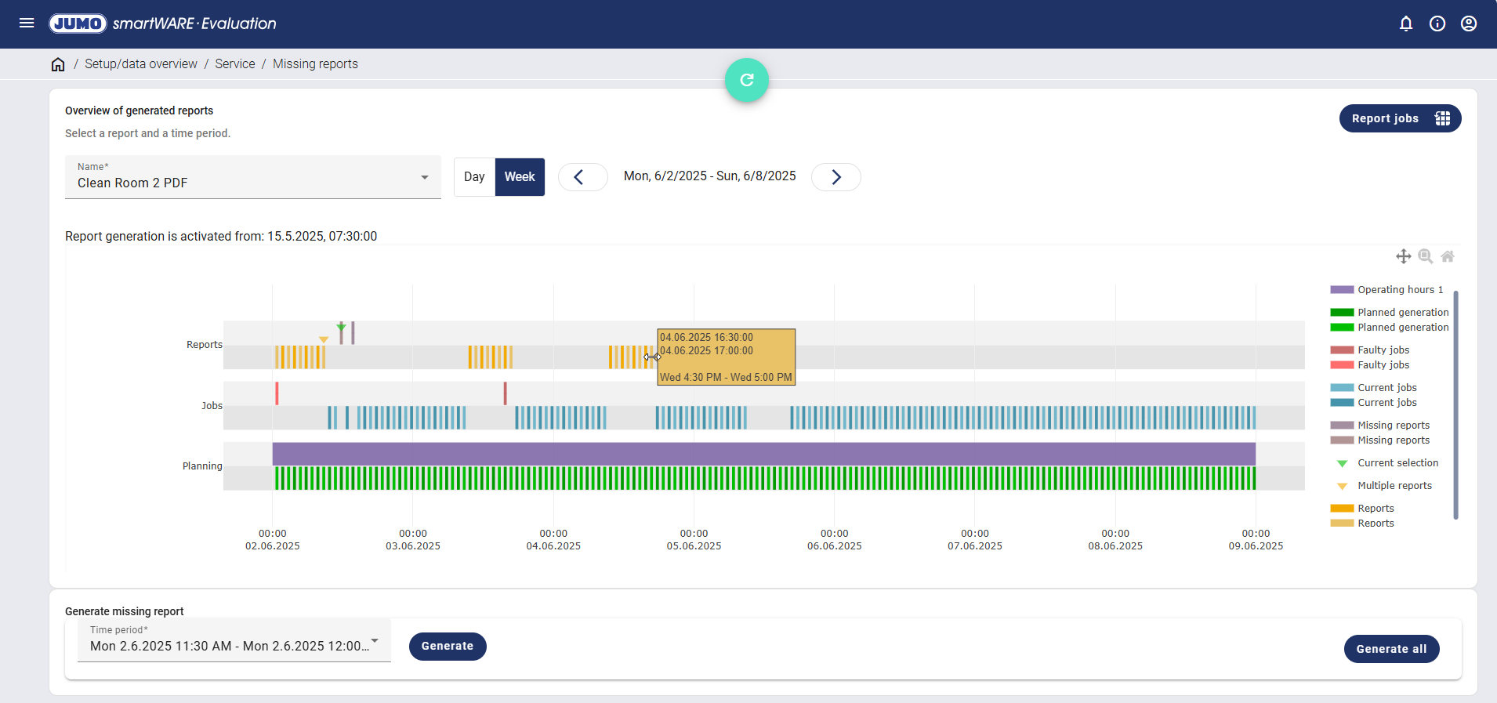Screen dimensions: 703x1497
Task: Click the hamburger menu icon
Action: [27, 24]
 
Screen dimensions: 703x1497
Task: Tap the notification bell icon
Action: [1406, 24]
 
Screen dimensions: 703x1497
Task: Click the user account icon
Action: [1469, 24]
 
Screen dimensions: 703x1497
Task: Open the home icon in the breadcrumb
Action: [58, 64]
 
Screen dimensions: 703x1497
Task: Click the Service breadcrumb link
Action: [235, 64]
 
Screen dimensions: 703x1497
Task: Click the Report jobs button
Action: [1400, 118]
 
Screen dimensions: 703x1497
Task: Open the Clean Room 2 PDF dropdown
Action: [252, 177]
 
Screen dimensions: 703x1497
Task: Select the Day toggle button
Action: [474, 177]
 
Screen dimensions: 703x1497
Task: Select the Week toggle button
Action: [520, 177]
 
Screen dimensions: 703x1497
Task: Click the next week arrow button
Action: [835, 177]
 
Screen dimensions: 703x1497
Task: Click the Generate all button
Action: [1391, 649]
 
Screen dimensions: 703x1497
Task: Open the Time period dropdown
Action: [234, 641]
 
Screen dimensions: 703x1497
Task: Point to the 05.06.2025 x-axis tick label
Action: [694, 545]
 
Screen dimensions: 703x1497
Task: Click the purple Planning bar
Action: [763, 454]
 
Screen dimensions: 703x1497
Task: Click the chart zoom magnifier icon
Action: [1426, 256]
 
